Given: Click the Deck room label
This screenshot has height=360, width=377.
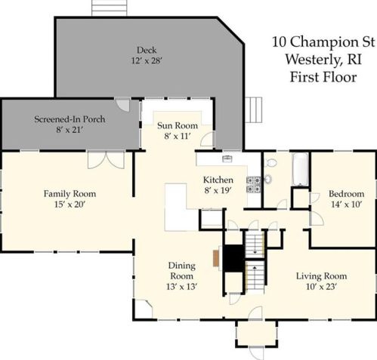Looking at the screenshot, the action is (147, 50).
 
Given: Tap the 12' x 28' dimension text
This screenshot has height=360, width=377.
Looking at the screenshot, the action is (147, 60).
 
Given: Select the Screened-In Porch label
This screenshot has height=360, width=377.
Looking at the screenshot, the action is (70, 119).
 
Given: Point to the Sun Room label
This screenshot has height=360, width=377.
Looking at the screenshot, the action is (178, 125).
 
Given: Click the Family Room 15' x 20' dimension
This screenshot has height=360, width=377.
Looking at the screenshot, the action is (70, 205).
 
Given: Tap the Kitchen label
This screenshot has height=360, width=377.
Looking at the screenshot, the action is (218, 180).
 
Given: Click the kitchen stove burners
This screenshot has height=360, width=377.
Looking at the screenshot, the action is (254, 185).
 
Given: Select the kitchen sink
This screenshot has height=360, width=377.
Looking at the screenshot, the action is (227, 158).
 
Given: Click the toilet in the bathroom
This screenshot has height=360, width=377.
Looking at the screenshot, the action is (270, 163).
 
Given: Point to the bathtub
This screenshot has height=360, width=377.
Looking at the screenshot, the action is (300, 169).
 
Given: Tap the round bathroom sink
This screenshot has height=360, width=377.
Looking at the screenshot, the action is (268, 179).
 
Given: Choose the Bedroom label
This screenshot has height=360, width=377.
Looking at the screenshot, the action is (347, 194).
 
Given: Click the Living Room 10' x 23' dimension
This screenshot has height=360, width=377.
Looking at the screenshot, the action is (321, 287).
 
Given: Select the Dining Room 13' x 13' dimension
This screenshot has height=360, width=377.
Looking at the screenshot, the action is (181, 287).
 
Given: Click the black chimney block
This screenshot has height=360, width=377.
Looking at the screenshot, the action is (233, 258).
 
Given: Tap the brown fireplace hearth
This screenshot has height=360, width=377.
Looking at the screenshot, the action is (216, 258).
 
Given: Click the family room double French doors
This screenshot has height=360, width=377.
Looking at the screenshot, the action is (106, 160).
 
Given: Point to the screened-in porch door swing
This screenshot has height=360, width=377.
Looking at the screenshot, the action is (122, 105).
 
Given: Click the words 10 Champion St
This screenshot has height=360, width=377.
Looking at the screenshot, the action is (323, 42).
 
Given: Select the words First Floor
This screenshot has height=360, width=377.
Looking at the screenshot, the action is (323, 77).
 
